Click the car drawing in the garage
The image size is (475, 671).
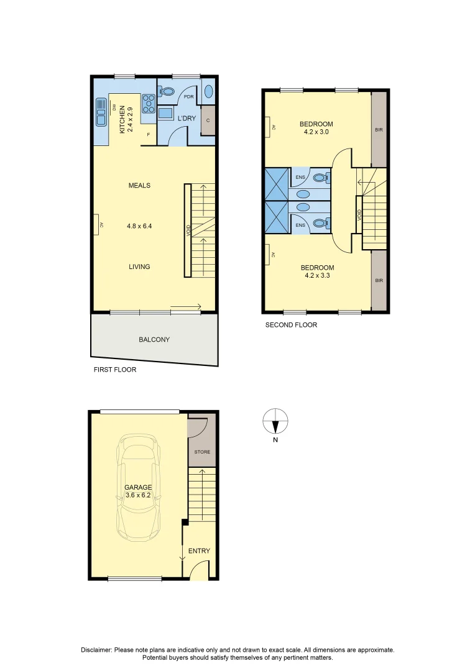pos(140,488)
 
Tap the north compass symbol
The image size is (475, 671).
pos(275,422)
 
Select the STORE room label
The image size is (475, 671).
pos(202,452)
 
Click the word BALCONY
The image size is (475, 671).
pos(154,340)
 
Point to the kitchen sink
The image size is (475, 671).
pos(101,111)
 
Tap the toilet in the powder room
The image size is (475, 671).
pos(166,92)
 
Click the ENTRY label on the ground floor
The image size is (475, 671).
pos(199,551)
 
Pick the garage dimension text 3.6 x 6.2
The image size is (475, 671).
pos(138,496)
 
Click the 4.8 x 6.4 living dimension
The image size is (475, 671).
pos(139,226)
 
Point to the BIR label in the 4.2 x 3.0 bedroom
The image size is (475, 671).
pos(379,130)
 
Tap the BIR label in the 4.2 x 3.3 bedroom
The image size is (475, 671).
pos(379,281)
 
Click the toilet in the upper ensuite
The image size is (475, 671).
pos(320,177)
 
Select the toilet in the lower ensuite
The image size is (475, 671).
pos(320,224)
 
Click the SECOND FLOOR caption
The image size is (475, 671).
pos(291,325)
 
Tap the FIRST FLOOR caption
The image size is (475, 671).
pos(115,370)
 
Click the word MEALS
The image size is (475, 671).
pos(139,186)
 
